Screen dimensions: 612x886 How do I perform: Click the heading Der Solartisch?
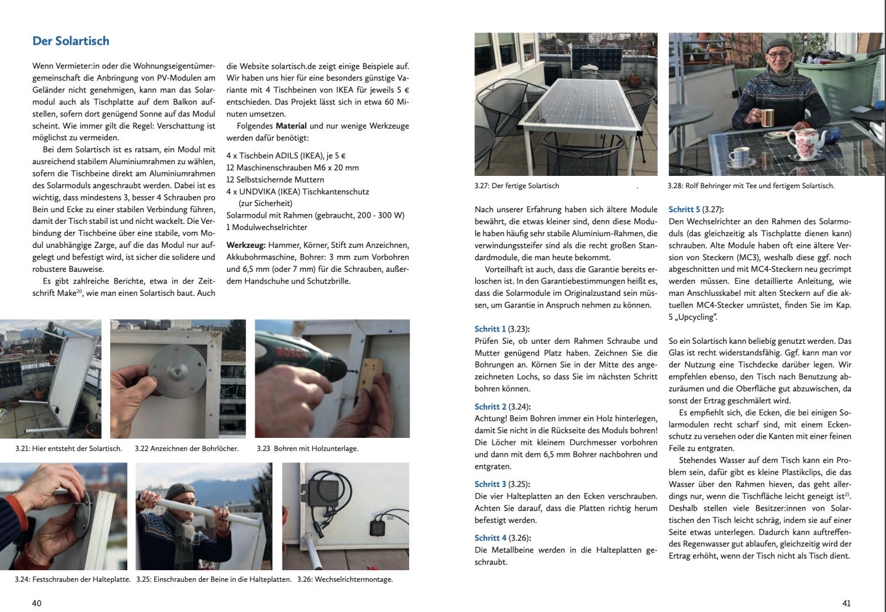pos(71,41)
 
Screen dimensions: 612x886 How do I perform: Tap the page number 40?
pos(37,603)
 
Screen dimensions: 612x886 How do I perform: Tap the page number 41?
pos(846,603)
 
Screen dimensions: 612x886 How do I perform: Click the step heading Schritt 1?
pos(490,329)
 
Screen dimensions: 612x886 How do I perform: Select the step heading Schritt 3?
pos(490,484)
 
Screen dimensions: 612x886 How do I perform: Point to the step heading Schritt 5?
pos(684,209)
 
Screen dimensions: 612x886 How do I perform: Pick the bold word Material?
pos(291,126)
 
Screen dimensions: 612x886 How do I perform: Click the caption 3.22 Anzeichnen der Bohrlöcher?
pos(186,448)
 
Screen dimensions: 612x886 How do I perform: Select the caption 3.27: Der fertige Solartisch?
pos(517,186)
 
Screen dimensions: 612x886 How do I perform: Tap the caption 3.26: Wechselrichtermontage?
pos(345,579)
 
